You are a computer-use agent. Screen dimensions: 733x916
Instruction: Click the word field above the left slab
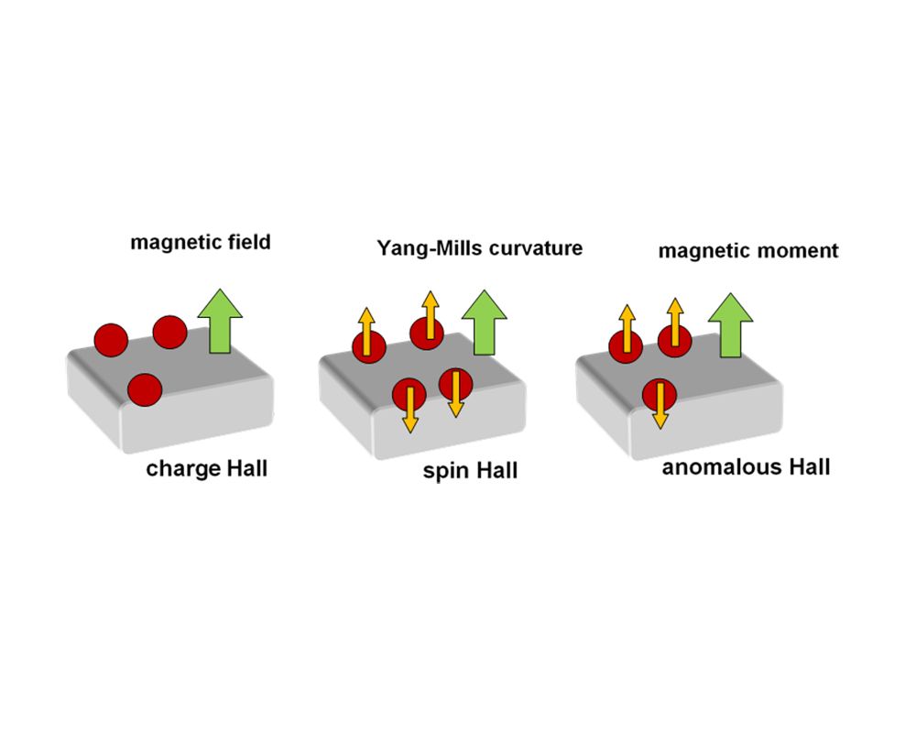tap(249, 243)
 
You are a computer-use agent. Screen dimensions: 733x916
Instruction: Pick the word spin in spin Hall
tap(445, 472)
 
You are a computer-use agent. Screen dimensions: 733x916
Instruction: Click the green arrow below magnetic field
tap(220, 321)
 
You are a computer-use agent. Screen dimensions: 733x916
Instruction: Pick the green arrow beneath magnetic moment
tap(731, 325)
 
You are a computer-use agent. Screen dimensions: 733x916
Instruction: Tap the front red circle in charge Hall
tap(145, 389)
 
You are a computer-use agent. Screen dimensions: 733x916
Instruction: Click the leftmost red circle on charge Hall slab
tap(110, 338)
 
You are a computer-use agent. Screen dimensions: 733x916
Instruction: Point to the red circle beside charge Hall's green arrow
tap(170, 331)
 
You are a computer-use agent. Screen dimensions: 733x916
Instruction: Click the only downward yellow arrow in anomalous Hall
tap(658, 404)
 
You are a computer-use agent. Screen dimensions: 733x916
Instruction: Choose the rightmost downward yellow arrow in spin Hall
tap(455, 393)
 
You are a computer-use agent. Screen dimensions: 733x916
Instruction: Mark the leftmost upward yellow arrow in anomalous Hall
tap(627, 331)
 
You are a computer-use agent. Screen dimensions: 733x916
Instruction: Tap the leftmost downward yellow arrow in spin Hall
tap(409, 405)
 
